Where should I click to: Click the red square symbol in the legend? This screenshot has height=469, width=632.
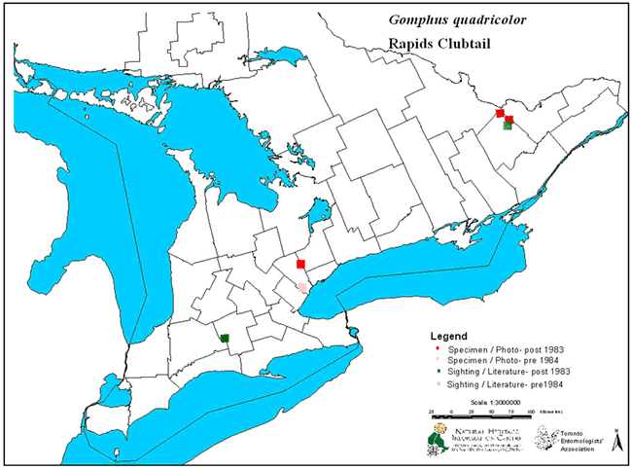(439, 348)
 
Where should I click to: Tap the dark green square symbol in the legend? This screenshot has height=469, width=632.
(439, 372)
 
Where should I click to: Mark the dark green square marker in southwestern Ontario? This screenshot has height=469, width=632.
(225, 339)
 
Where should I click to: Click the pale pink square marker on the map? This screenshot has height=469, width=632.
(302, 288)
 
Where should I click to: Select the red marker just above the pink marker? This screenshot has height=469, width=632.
(301, 265)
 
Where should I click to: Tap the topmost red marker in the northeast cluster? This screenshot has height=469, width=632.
(500, 114)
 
